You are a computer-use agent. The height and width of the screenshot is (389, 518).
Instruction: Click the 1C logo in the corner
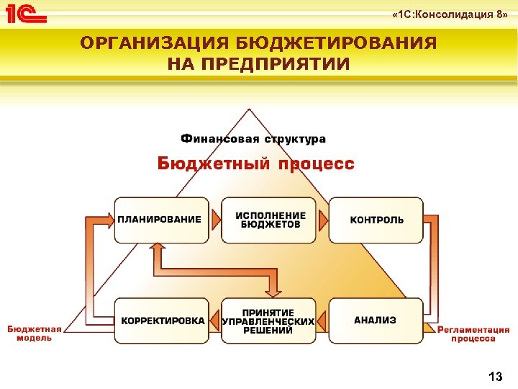(25, 14)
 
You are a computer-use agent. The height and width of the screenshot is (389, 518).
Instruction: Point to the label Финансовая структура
(253, 138)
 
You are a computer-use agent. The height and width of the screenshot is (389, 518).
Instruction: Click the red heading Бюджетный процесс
(256, 164)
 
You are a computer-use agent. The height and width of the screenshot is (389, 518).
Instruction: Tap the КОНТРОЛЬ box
(376, 220)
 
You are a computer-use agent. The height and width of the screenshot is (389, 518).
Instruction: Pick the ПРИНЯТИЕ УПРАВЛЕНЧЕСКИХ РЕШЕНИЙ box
(268, 321)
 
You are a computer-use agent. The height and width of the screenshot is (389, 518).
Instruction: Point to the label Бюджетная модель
(29, 333)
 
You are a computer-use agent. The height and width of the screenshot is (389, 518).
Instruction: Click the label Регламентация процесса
(473, 333)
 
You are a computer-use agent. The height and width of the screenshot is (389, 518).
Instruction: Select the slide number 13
(495, 376)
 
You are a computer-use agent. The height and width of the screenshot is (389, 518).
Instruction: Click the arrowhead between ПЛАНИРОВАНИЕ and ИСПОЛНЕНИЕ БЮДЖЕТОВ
(215, 220)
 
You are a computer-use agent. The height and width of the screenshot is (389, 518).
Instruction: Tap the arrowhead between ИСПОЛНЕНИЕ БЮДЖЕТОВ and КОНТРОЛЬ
(323, 220)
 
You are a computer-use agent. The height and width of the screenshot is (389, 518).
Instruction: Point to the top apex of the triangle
(248, 109)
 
